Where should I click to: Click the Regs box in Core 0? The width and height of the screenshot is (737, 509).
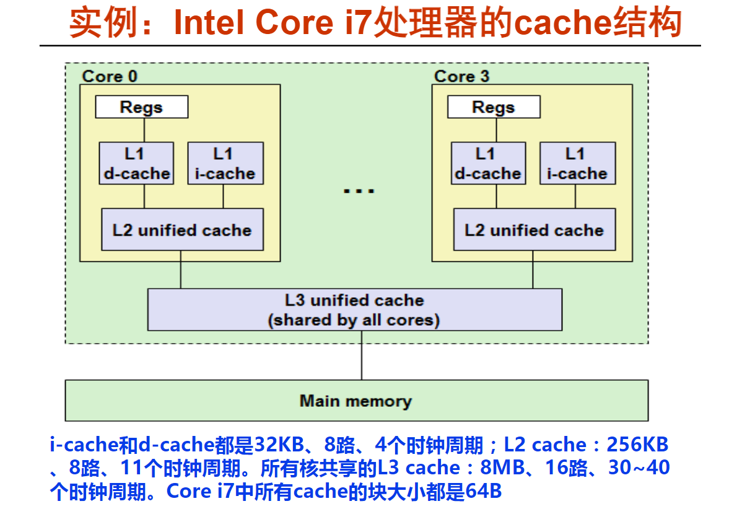pos(141,107)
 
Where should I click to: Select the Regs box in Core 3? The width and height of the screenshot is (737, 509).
pos(494,107)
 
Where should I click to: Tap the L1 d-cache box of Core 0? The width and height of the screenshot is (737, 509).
pos(136,163)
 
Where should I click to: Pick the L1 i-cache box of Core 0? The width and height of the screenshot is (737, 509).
pos(225,163)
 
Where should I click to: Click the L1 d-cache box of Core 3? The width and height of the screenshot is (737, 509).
pos(489,163)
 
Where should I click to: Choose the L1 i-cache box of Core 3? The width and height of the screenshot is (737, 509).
pos(578,163)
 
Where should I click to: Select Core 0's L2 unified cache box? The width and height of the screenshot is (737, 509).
pos(182,229)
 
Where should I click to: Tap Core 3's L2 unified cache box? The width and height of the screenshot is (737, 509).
pos(534,229)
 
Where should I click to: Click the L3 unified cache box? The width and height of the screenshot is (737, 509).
pos(355,310)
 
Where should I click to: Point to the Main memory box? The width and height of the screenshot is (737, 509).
pos(357,401)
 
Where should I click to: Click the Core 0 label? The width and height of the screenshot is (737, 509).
pos(110,76)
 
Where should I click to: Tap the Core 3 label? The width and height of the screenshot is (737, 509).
pos(461,76)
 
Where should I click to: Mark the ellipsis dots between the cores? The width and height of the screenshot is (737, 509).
pos(359,191)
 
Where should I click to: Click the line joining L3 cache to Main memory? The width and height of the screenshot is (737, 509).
pos(362,355)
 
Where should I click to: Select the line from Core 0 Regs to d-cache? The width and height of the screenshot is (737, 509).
pos(144,130)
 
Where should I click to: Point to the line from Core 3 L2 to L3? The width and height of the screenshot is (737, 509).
pos(533,269)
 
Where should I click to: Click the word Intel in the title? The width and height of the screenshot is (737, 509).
pos(209,22)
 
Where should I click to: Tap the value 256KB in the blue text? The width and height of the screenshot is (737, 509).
pos(637,444)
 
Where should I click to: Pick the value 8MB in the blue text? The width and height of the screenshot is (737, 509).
pos(502,467)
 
